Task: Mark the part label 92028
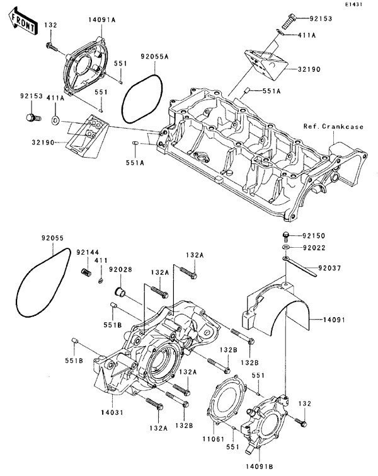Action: [120, 270]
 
